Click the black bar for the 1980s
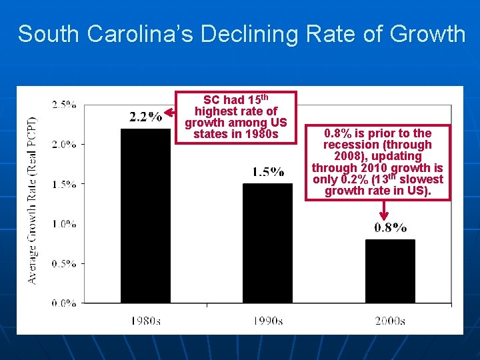click(x=145, y=215)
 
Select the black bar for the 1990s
click(x=267, y=243)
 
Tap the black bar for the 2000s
click(x=390, y=271)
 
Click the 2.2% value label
click(x=145, y=117)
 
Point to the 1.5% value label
click(x=268, y=172)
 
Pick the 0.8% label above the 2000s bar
click(x=390, y=228)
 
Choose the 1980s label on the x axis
click(x=145, y=321)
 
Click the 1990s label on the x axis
click(x=268, y=321)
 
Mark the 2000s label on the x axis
click(x=390, y=321)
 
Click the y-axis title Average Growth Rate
click(x=33, y=201)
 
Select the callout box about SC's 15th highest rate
click(x=235, y=117)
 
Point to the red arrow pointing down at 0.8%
click(x=384, y=210)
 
